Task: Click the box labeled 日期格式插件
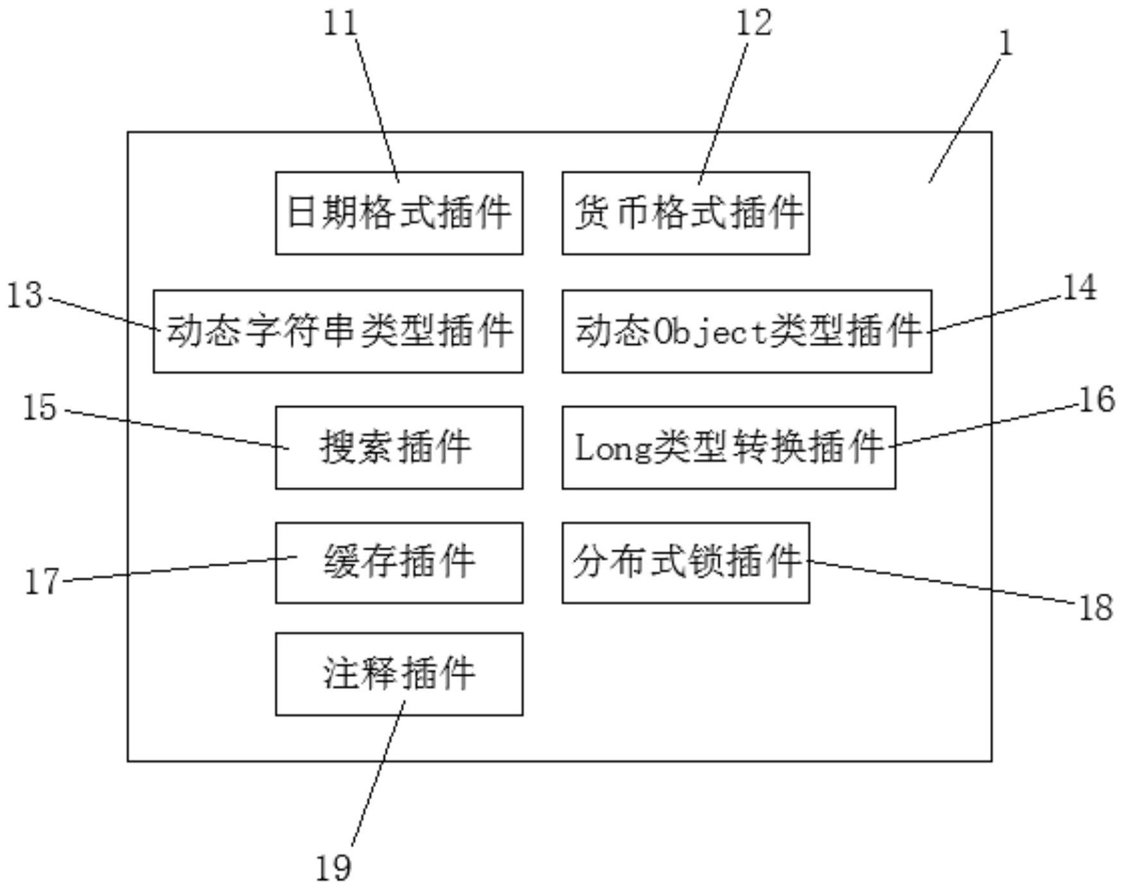pos(399,213)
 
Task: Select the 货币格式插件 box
pos(685,213)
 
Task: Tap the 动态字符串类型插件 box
pos(338,331)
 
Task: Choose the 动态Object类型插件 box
pos(746,331)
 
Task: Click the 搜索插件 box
pos(399,447)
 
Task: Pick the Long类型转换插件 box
pos(728,447)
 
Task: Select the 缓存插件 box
pos(399,563)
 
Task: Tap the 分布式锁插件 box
pos(685,563)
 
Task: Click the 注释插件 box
pos(399,674)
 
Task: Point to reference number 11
pos(340,24)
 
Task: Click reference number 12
pos(753,24)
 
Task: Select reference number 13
pos(25,296)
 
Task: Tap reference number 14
pos(1080,287)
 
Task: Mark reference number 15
pos(40,408)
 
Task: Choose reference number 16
pos(1097,400)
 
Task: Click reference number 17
pos(42,582)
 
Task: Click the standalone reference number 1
pos(1006,44)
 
